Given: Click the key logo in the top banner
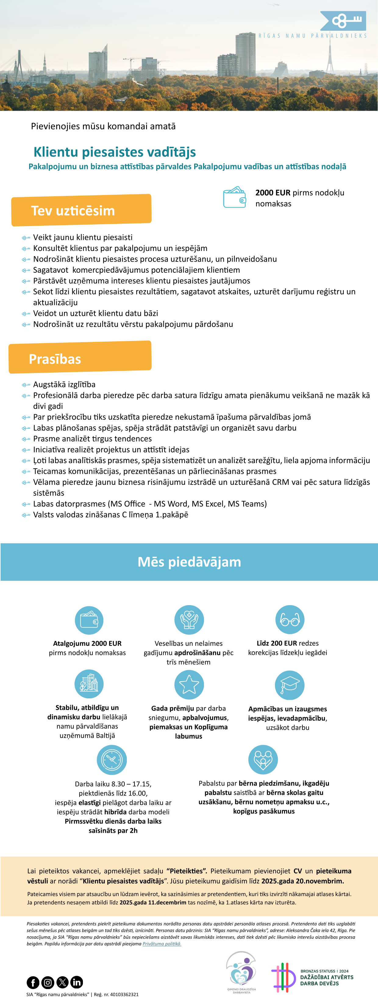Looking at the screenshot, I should (x=343, y=21).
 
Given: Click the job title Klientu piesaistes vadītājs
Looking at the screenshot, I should (x=114, y=152).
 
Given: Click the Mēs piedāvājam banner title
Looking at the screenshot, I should (x=189, y=562).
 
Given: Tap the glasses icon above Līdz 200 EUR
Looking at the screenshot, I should (x=290, y=619).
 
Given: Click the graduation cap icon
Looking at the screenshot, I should (x=290, y=685).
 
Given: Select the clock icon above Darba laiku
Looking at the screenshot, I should (x=112, y=760).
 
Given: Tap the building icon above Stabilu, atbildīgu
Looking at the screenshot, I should (x=89, y=684).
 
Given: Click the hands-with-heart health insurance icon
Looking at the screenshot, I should (x=189, y=620).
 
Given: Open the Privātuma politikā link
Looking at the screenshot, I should (x=162, y=944).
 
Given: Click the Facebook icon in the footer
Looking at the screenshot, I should (x=33, y=982).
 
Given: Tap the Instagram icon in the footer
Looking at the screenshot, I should (x=48, y=982).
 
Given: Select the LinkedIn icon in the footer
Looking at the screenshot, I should (x=77, y=982).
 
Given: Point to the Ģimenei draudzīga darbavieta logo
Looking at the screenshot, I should (x=241, y=972).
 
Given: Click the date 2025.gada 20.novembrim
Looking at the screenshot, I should (x=303, y=881).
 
